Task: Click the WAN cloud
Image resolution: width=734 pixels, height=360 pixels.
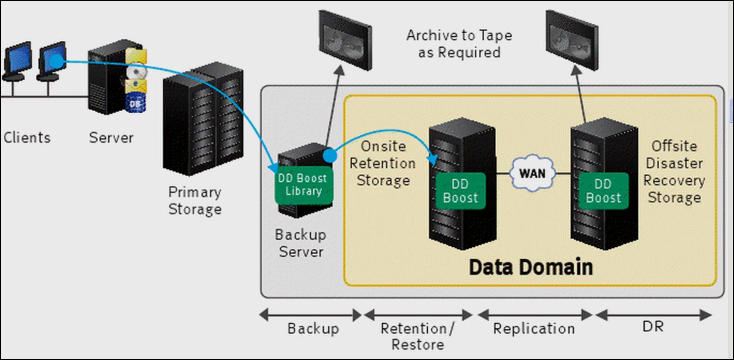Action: [x=533, y=173]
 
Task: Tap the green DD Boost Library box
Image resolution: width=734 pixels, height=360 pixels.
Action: [x=304, y=185]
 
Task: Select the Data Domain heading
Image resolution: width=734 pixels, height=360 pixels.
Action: [x=531, y=267]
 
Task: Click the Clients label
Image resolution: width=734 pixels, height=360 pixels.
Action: [x=27, y=138]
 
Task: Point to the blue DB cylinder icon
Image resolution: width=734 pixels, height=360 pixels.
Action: [x=135, y=103]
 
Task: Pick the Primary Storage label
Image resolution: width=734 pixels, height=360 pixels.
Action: [x=195, y=201]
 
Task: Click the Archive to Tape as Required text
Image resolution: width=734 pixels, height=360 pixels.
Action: [x=459, y=44]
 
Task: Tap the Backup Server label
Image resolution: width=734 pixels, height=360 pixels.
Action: [x=301, y=243]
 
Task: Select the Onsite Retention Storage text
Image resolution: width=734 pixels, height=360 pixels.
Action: [x=383, y=163]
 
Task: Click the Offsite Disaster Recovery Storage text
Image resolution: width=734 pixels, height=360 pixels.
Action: [x=674, y=172]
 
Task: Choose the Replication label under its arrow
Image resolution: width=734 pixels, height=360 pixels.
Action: [x=534, y=329]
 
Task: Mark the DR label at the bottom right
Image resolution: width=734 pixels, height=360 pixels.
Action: [x=653, y=327]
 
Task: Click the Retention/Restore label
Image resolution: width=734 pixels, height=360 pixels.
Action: [x=418, y=336]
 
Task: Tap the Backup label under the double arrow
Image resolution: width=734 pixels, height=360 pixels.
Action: [x=313, y=329]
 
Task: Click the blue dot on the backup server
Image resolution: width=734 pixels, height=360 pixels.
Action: [x=330, y=155]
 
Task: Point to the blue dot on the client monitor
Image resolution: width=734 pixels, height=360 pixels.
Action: [x=57, y=61]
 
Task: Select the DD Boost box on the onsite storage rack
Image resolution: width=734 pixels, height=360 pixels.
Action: [x=461, y=191]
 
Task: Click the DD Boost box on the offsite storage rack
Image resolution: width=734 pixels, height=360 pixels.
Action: [x=603, y=191]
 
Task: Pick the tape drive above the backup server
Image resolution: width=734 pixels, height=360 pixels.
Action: [x=345, y=40]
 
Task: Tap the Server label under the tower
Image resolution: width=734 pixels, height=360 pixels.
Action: [x=111, y=138]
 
